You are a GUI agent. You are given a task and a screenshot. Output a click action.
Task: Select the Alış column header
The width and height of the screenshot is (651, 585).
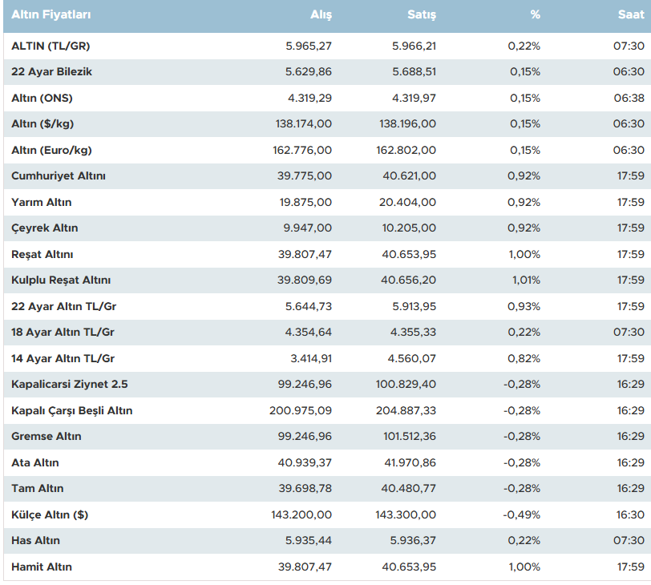321,15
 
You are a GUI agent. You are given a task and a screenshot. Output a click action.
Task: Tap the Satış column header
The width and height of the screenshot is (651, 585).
422,15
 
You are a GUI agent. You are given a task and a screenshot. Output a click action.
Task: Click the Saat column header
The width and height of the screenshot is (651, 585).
630,15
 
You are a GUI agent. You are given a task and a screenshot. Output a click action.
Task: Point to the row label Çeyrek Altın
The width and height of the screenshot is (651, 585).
45,228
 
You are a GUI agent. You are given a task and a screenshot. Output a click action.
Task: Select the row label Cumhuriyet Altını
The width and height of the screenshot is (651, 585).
59,176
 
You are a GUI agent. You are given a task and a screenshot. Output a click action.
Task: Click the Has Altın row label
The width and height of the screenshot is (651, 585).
36,541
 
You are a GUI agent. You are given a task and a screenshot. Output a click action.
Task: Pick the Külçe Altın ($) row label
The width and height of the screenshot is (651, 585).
50,514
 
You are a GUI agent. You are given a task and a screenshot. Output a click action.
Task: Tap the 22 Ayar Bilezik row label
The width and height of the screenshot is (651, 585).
52,72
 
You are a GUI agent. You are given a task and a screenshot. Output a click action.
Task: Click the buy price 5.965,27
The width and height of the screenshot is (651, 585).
309,46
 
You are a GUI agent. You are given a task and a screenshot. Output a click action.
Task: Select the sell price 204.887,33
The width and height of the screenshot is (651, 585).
407,410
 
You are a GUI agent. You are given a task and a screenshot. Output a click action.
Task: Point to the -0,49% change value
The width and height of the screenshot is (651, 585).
522,514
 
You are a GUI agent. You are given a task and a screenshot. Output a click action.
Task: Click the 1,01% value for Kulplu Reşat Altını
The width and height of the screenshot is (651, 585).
525,280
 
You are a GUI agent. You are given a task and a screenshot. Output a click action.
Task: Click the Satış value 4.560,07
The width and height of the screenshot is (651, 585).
414,358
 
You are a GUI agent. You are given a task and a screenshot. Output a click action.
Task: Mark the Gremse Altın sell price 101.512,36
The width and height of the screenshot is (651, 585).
407,437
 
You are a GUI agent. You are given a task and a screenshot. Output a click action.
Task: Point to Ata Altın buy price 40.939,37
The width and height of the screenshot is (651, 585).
305,462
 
